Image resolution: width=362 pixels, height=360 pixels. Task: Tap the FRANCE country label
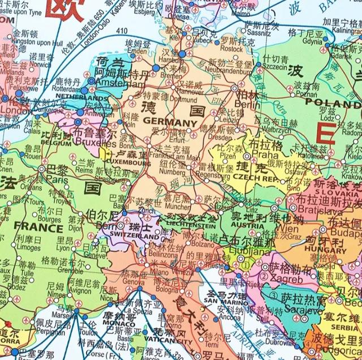[38, 228]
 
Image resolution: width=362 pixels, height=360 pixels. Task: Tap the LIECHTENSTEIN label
[186, 225]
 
